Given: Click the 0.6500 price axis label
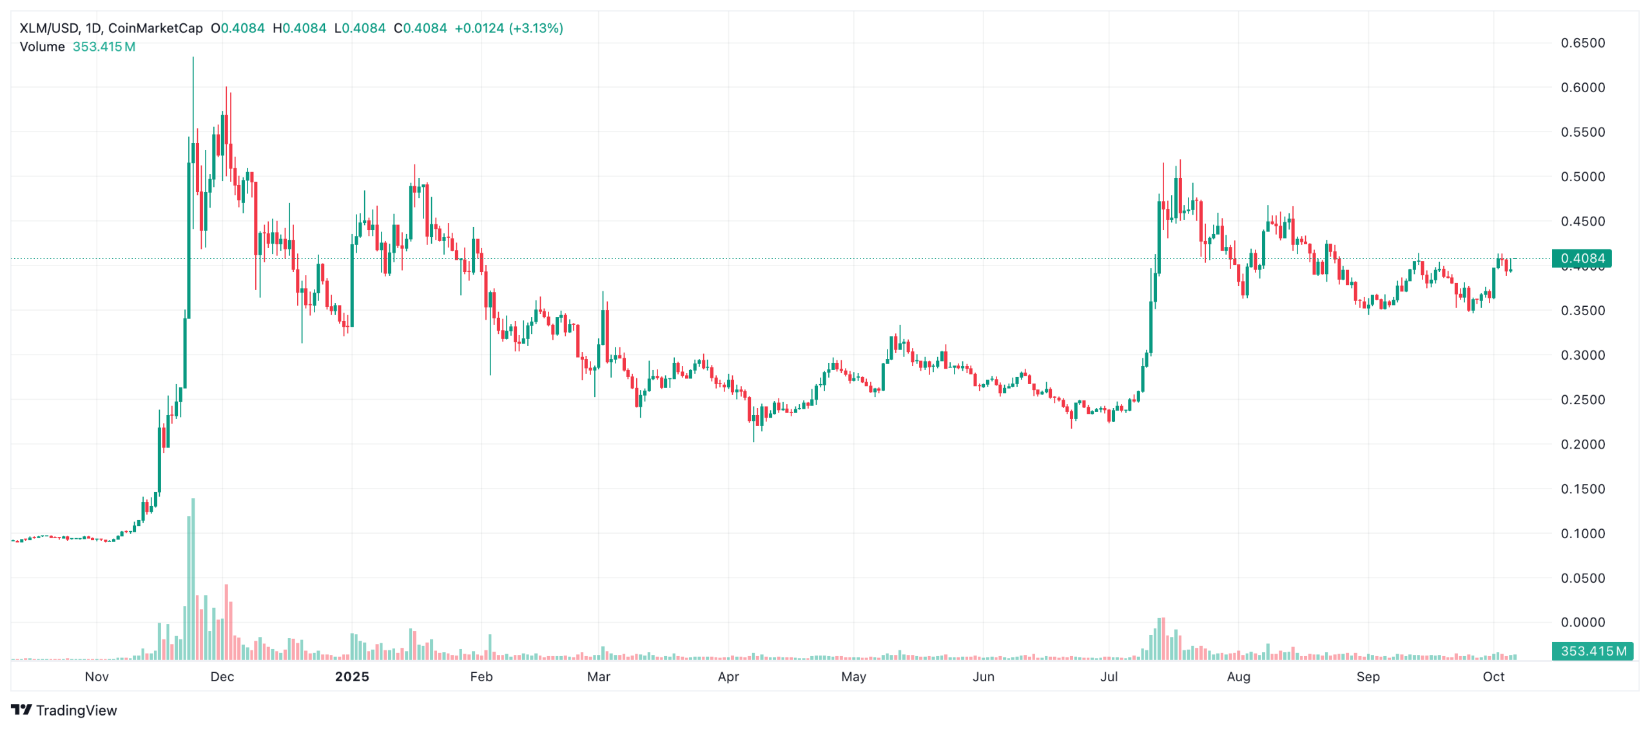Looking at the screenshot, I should pyautogui.click(x=1582, y=43).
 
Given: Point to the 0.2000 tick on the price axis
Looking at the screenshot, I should pyautogui.click(x=1582, y=444).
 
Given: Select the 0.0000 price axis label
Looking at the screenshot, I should pyautogui.click(x=1582, y=622).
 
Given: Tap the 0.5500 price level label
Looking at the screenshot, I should pyautogui.click(x=1582, y=132).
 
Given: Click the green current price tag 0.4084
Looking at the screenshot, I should pyautogui.click(x=1582, y=258).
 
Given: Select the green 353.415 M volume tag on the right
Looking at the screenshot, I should pyautogui.click(x=1592, y=651).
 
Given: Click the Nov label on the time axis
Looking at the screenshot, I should pyautogui.click(x=97, y=677).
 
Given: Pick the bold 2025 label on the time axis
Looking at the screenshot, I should pyautogui.click(x=352, y=677).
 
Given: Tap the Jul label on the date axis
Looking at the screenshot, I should pyautogui.click(x=1109, y=677).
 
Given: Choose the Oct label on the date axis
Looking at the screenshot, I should pyautogui.click(x=1493, y=677).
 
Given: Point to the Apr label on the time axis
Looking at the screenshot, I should pyautogui.click(x=728, y=677).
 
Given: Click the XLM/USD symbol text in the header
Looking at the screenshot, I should pyautogui.click(x=49, y=28).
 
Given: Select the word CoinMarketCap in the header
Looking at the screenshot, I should pyautogui.click(x=155, y=28).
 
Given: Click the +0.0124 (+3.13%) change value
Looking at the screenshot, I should pyautogui.click(x=509, y=28).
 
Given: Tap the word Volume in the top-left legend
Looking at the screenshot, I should pyautogui.click(x=43, y=47).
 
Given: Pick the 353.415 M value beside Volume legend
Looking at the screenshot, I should pyautogui.click(x=104, y=47).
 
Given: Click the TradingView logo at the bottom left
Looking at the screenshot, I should pyautogui.click(x=64, y=710).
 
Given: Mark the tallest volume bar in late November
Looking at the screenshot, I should pyautogui.click(x=193, y=580).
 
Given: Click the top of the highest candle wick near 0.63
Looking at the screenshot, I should pyautogui.click(x=193, y=58).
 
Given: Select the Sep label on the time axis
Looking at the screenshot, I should pyautogui.click(x=1368, y=677).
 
